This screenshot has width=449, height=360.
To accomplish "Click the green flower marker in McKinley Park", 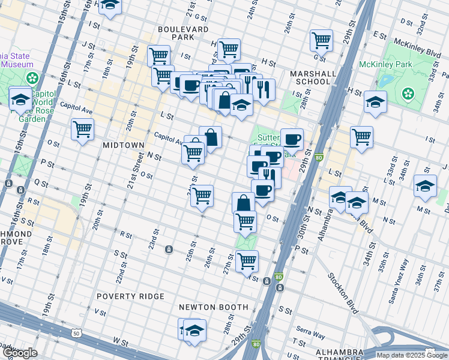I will (x=408, y=93).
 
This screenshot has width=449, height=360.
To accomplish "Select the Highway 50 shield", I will (x=76, y=333).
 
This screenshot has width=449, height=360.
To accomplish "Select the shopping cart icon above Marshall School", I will (x=321, y=40).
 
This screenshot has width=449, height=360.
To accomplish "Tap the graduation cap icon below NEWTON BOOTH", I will (x=194, y=331).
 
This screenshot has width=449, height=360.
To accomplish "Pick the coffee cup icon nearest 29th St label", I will (x=292, y=140).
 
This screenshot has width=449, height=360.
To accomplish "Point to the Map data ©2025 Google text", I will (x=412, y=355).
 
